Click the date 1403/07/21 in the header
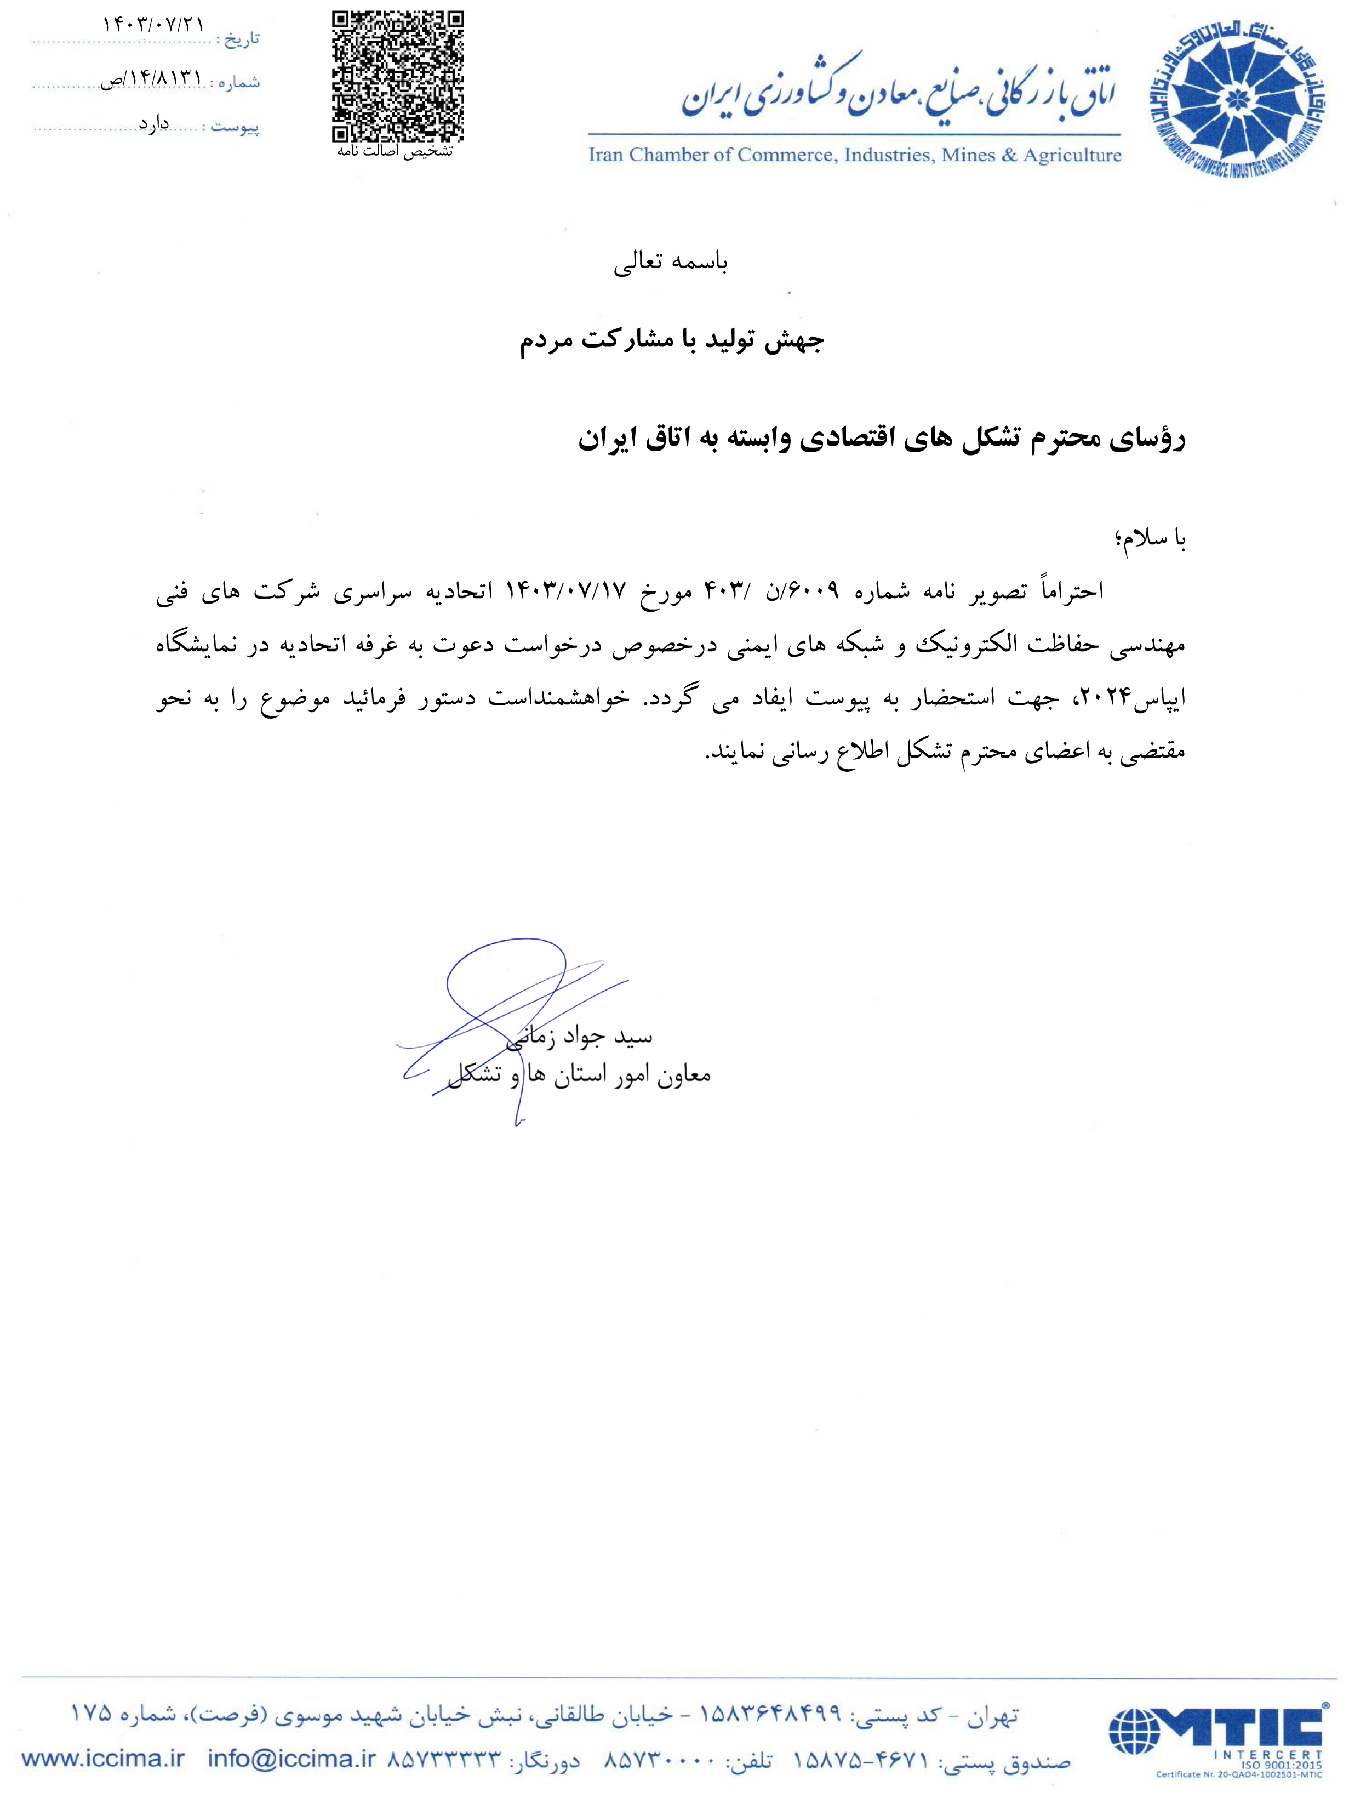tap(153, 24)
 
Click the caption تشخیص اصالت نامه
tap(395, 152)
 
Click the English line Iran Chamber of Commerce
tap(854, 155)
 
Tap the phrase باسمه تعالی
tap(671, 261)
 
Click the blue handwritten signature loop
tap(504, 975)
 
